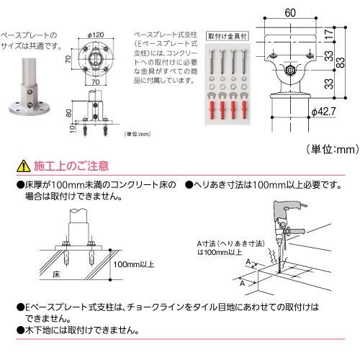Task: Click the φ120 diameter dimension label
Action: click(x=97, y=34)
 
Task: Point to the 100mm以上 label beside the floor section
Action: click(x=135, y=265)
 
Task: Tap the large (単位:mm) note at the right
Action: click(x=332, y=149)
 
